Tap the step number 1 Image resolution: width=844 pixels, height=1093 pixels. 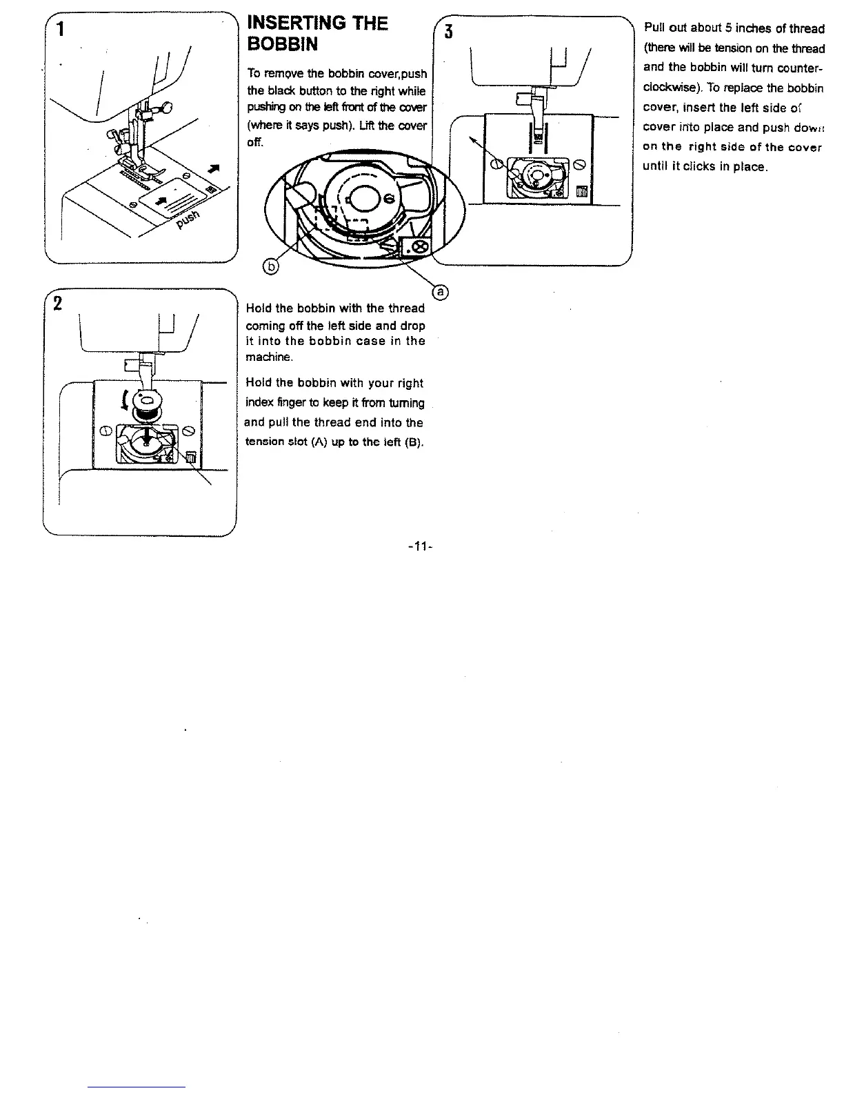pyautogui.click(x=62, y=30)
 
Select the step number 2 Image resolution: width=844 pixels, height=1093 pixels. pyautogui.click(x=58, y=304)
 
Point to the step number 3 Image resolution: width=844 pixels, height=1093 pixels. pyautogui.click(x=449, y=32)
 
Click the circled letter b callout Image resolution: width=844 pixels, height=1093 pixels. pyautogui.click(x=272, y=267)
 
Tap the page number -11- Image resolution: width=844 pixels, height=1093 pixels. pyautogui.click(x=420, y=547)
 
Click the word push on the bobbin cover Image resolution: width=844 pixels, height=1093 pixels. pyautogui.click(x=188, y=220)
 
